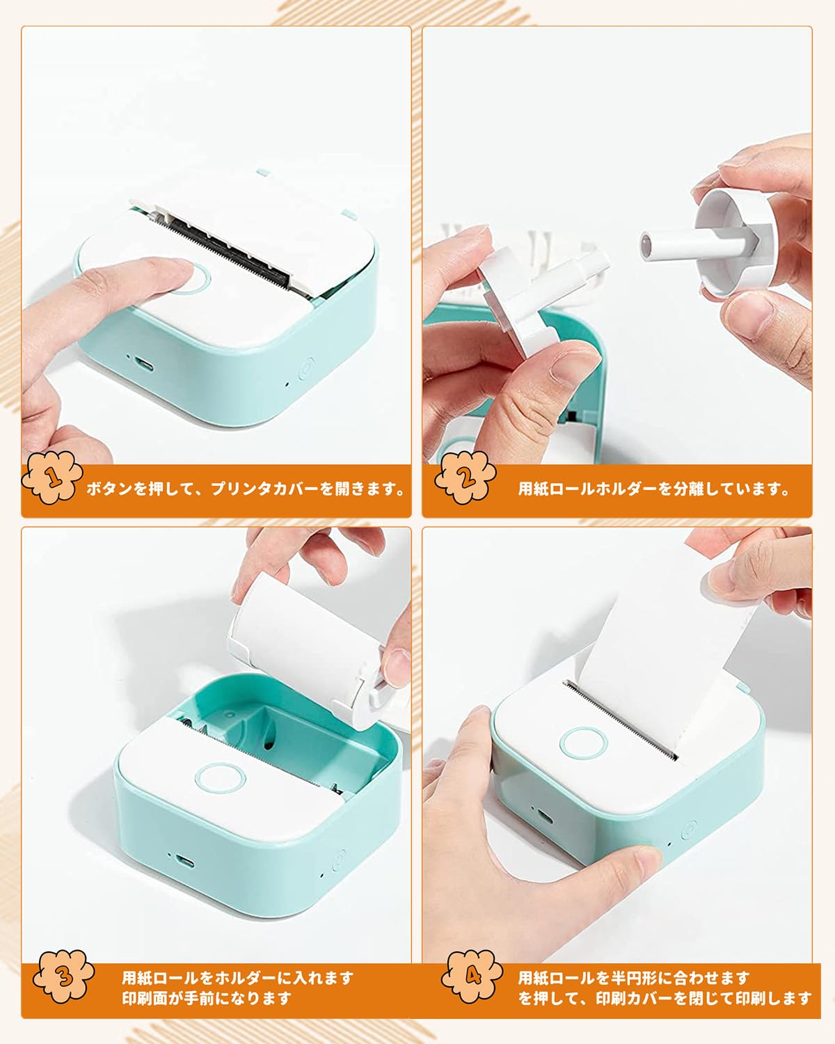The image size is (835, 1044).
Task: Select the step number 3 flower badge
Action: click(65, 977)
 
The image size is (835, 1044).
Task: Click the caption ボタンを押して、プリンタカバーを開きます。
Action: click(246, 489)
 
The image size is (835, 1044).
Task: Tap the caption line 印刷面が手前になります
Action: click(207, 998)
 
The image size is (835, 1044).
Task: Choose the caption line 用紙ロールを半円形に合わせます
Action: click(634, 978)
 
